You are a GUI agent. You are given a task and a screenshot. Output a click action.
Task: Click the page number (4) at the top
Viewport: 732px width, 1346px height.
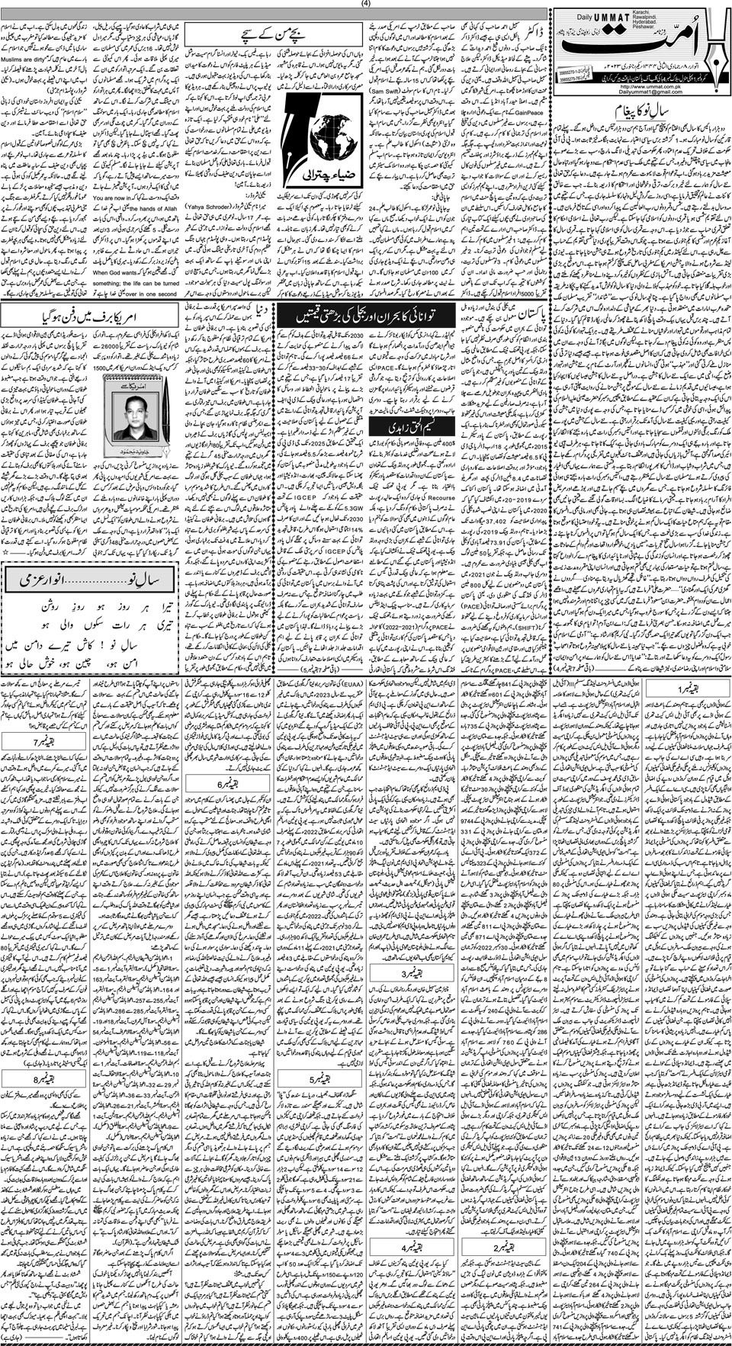365,5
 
